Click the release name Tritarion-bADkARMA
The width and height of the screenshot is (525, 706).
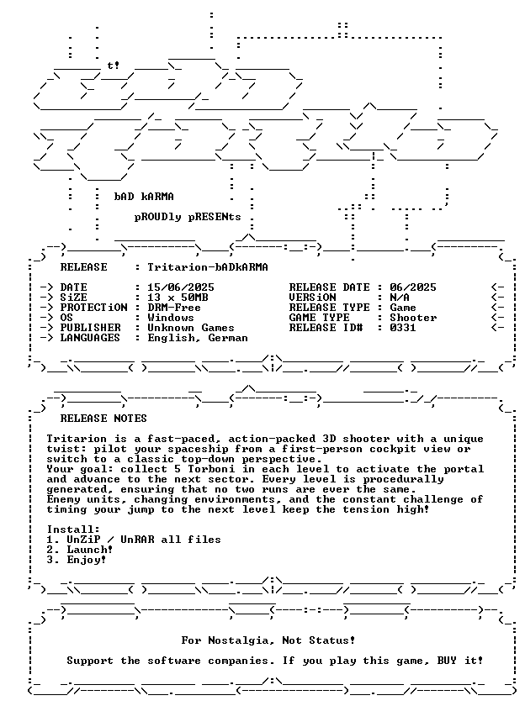208,267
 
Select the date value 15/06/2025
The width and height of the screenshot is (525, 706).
181,287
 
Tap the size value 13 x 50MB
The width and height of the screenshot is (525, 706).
178,298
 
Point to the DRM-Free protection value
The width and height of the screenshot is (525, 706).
174,308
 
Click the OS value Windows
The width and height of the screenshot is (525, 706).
171,318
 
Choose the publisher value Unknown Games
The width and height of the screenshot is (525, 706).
191,328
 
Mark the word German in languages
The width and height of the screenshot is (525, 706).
228,338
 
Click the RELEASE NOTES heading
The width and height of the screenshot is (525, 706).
103,419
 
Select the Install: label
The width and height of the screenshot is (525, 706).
73,529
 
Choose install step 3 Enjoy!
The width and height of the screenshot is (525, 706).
77,560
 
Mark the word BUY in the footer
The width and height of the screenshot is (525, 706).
447,661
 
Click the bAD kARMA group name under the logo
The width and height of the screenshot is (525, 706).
144,197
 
